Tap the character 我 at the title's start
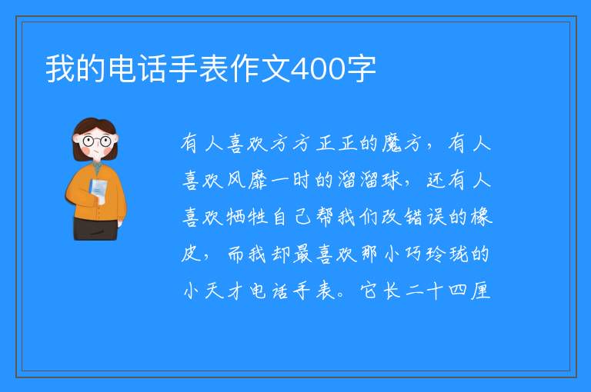click(x=60, y=69)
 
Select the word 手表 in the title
click(x=183, y=69)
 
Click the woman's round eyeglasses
click(x=97, y=141)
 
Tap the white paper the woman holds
click(x=98, y=189)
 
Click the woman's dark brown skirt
click(x=95, y=229)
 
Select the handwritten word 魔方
click(x=402, y=144)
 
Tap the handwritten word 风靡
click(x=247, y=180)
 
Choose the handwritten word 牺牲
click(x=247, y=217)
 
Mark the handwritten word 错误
click(x=425, y=217)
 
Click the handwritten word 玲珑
click(x=447, y=254)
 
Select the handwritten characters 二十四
click(x=436, y=291)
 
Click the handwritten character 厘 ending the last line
click(x=480, y=291)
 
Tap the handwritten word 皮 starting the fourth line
click(x=192, y=254)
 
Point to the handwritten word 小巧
click(x=402, y=254)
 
